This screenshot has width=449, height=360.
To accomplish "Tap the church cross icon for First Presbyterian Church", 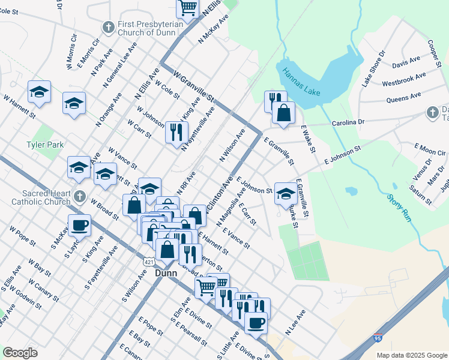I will click(108, 26).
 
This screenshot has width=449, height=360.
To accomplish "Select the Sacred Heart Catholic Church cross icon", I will click(80, 196).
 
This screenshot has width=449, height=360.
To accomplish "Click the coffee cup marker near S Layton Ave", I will click(79, 226).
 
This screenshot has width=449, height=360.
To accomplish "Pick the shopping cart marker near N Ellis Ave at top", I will click(188, 8).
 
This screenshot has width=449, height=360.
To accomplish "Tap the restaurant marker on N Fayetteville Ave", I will click(176, 131).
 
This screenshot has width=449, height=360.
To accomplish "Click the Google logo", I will click(20, 353).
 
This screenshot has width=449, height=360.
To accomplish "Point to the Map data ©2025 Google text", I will click(411, 355).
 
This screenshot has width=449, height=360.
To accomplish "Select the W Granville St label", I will click(193, 87).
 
